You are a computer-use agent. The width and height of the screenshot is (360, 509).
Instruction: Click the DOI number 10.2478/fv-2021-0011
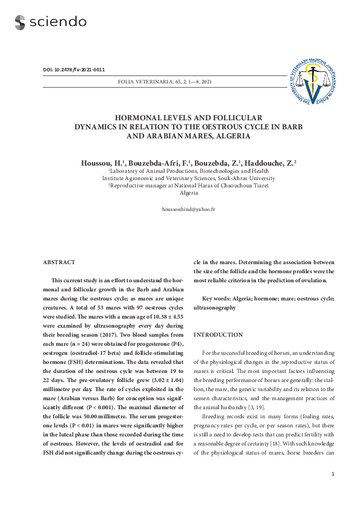point(82,70)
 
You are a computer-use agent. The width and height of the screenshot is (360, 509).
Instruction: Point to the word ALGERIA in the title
point(229,136)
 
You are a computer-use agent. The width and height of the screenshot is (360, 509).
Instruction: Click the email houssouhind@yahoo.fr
point(188,209)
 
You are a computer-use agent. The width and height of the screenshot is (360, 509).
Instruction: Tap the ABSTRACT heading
point(59,262)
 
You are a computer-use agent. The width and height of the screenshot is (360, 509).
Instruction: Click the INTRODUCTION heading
point(218,334)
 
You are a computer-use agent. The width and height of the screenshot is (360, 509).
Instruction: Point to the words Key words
point(215,299)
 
